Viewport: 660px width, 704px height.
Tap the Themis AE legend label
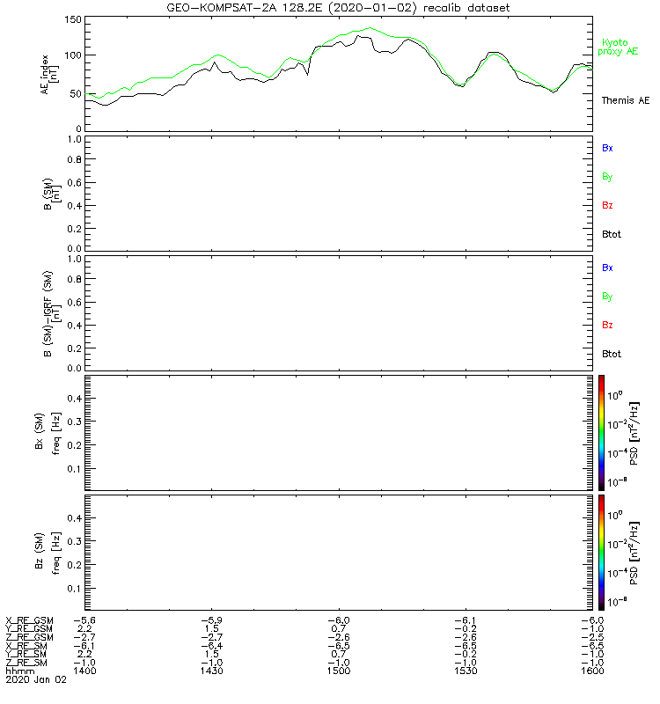click(625, 100)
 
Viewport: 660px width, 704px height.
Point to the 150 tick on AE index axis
click(72, 20)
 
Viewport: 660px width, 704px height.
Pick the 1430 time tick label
click(212, 671)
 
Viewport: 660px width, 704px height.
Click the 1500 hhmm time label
click(339, 671)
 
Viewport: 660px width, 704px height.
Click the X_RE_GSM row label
click(29, 620)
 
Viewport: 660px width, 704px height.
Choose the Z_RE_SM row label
click(29, 662)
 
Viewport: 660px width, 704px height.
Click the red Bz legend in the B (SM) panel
click(607, 206)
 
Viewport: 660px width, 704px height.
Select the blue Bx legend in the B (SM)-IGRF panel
click(607, 267)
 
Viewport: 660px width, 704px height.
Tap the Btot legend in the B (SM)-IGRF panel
click(612, 354)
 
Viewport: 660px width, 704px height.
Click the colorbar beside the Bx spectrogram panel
click(601, 431)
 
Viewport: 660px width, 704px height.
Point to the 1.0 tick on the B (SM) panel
click(73, 139)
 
